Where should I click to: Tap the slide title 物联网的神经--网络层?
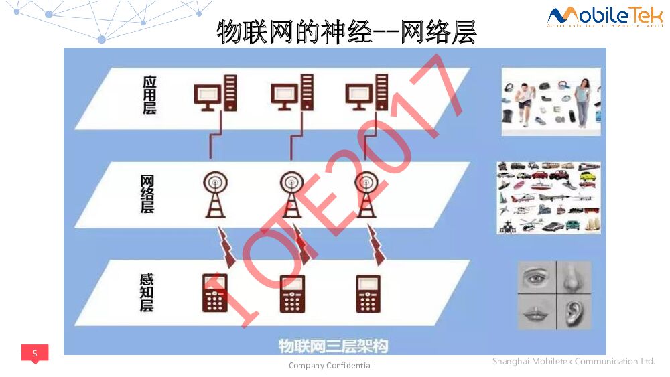coord(346,31)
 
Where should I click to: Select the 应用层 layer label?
coord(149,94)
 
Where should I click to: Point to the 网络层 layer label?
coord(147,194)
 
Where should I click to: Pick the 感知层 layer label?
coord(147,292)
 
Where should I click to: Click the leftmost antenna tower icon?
coord(215,194)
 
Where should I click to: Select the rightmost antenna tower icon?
coord(366,194)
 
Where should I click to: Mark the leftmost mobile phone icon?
coord(215,293)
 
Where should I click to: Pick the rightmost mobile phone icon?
coord(368,293)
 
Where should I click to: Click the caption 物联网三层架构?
coord(333,346)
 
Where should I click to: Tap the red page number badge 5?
coord(35,353)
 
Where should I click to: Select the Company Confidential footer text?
coord(330,366)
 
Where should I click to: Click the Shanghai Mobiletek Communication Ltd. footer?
coord(574,362)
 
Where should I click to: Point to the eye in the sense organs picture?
coord(536,277)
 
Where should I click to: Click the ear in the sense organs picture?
coord(574,312)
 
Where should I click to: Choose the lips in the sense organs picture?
coord(536,312)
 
